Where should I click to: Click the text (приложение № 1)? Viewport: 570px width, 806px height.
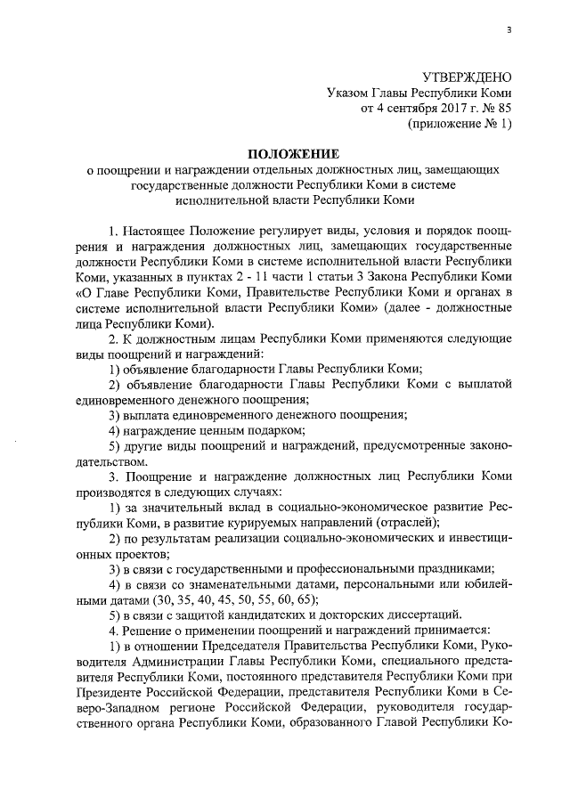click(x=460, y=124)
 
